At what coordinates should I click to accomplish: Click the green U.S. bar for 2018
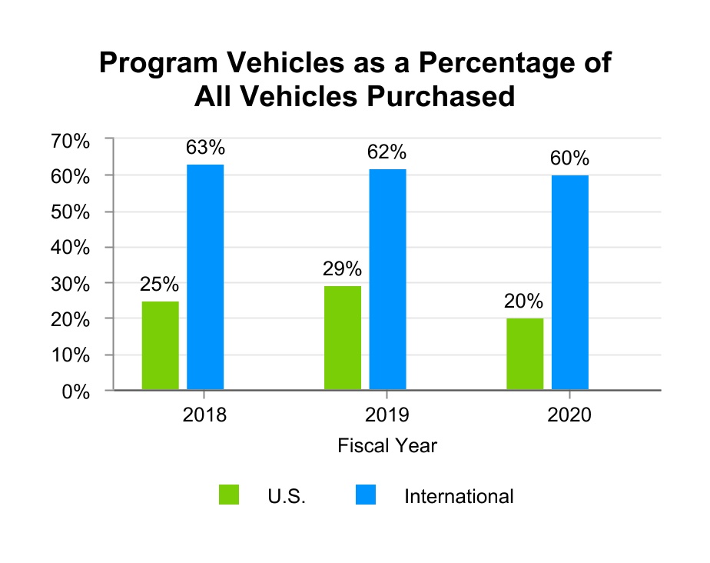[161, 345]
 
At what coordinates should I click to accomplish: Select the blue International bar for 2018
[205, 277]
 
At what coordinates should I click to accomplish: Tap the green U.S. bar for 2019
[343, 338]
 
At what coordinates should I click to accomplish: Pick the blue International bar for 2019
[387, 279]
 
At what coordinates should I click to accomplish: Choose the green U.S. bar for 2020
[525, 354]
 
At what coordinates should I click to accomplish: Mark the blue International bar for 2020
[570, 282]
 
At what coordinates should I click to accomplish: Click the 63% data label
[205, 147]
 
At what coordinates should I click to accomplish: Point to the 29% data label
[342, 268]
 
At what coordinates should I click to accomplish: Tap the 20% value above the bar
[524, 301]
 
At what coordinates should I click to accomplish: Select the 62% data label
[387, 152]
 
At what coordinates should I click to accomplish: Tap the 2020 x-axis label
[569, 415]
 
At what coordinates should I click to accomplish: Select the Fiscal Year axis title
[387, 445]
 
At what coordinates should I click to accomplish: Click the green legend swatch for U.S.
[229, 495]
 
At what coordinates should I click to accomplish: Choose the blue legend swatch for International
[366, 495]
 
